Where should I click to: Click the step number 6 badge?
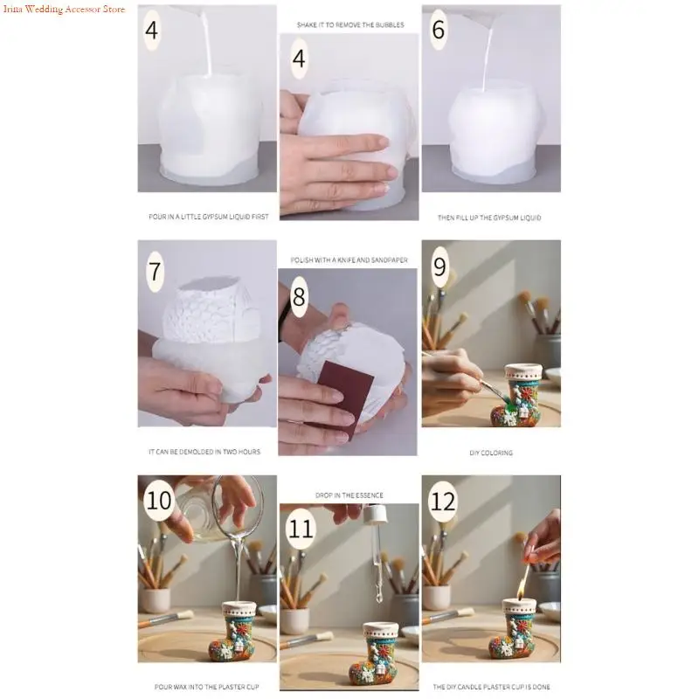coord(439,30)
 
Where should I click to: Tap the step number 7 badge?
coord(155,271)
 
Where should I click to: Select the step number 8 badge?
coord(299,296)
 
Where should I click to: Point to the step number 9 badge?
coord(439,266)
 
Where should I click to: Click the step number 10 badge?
coord(159,500)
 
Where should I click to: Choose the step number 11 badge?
coord(301,529)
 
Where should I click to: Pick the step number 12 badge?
coord(443,502)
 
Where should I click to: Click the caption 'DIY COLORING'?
coord(491,453)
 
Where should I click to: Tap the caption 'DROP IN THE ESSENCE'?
coord(349,495)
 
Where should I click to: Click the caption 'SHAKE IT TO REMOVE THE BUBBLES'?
coord(350,25)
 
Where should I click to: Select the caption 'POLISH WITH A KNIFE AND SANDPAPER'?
coord(349,260)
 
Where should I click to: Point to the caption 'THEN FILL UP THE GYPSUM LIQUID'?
coord(489,218)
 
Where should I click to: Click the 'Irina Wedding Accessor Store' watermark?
coord(64,9)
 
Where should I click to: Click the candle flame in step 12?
coord(521,585)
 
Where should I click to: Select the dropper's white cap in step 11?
coord(374,516)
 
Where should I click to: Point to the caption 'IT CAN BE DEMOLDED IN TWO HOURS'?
coord(204,452)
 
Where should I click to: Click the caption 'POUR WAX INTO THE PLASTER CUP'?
coord(206,687)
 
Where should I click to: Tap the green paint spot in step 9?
coord(509,405)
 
